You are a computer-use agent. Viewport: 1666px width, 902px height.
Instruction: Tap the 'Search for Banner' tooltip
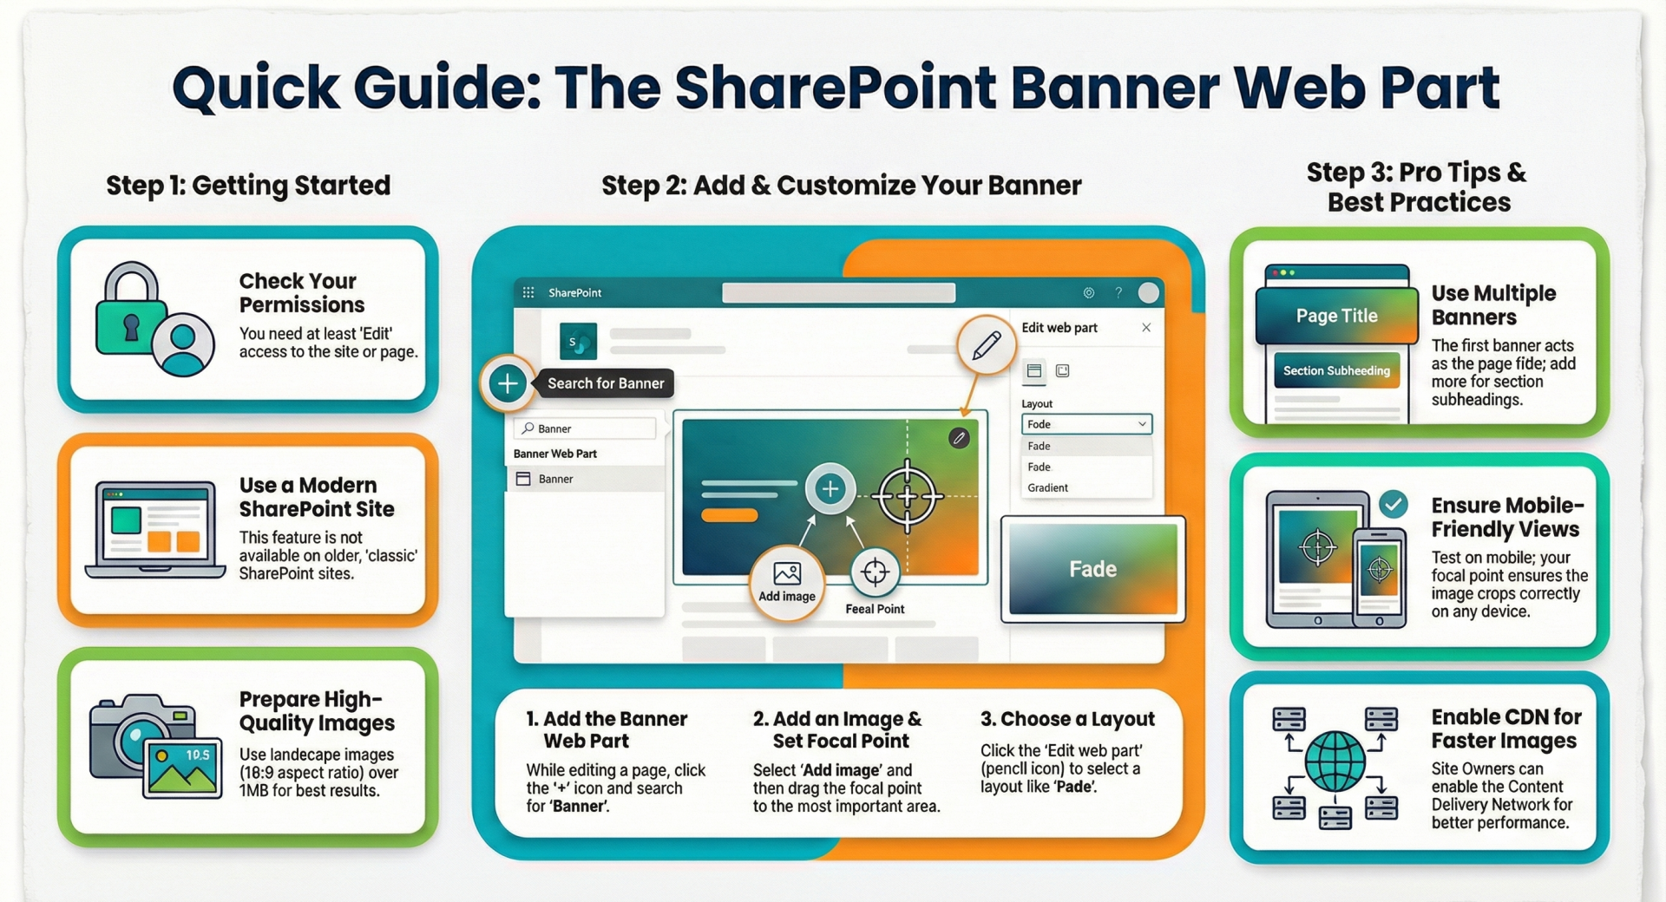pos(606,383)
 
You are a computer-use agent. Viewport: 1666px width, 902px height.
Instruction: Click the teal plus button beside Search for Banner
pos(508,382)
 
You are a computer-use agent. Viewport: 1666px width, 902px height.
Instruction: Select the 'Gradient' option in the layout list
pos(1047,487)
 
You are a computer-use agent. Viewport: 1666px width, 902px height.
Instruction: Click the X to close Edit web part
pos(1146,327)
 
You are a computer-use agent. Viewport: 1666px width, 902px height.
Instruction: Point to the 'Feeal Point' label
pos(875,609)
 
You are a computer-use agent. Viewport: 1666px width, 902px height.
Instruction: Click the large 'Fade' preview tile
pos(1092,569)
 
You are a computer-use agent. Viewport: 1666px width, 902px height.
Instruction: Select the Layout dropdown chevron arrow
pos(1142,424)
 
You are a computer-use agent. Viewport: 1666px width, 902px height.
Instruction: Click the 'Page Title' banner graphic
pos(1336,316)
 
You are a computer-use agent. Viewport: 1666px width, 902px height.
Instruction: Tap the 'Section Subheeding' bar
pos(1336,370)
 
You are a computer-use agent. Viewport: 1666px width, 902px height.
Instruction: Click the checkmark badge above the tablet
pos(1394,504)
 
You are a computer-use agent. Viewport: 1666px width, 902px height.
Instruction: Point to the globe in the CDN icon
pos(1335,761)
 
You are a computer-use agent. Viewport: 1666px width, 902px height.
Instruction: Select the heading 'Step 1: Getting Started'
pos(248,185)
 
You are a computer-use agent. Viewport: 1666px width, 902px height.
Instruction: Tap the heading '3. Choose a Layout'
pos(1067,719)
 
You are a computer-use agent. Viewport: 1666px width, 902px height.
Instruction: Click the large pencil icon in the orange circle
pos(986,345)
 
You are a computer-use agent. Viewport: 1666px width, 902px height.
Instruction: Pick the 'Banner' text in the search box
pos(554,428)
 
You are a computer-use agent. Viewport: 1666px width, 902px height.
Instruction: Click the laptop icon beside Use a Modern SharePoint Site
pos(155,529)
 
